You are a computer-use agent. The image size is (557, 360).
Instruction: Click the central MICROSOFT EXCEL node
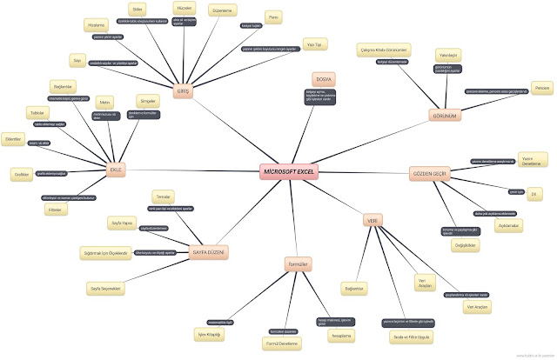click(289, 171)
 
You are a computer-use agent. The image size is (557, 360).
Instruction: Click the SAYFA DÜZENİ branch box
click(208, 251)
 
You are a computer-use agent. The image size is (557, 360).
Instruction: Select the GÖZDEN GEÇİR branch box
click(429, 174)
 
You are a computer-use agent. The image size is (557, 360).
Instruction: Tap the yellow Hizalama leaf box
click(97, 27)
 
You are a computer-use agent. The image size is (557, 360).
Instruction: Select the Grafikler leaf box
click(23, 174)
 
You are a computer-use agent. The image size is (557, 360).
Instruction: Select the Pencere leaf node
click(541, 87)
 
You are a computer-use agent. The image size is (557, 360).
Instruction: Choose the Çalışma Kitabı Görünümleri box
click(384, 50)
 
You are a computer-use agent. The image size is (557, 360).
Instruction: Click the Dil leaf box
click(534, 194)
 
